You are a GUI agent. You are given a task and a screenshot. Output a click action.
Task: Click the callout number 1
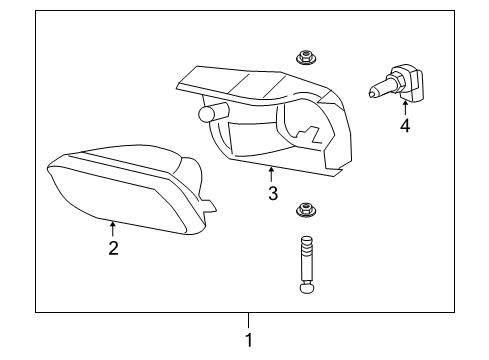coord(249,340)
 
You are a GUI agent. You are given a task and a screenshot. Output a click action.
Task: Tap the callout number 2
coord(113,248)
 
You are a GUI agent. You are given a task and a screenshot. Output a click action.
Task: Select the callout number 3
coord(272,193)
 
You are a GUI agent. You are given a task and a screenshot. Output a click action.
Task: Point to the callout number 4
coord(404,126)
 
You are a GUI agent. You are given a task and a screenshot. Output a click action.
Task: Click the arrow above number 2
coord(113,230)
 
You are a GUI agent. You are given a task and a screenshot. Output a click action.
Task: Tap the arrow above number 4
coord(404,108)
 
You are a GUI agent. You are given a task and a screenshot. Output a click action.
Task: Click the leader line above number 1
coord(249,321)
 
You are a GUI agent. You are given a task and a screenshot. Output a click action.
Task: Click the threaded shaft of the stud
coord(306,260)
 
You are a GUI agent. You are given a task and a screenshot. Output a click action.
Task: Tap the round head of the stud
coord(306,291)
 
